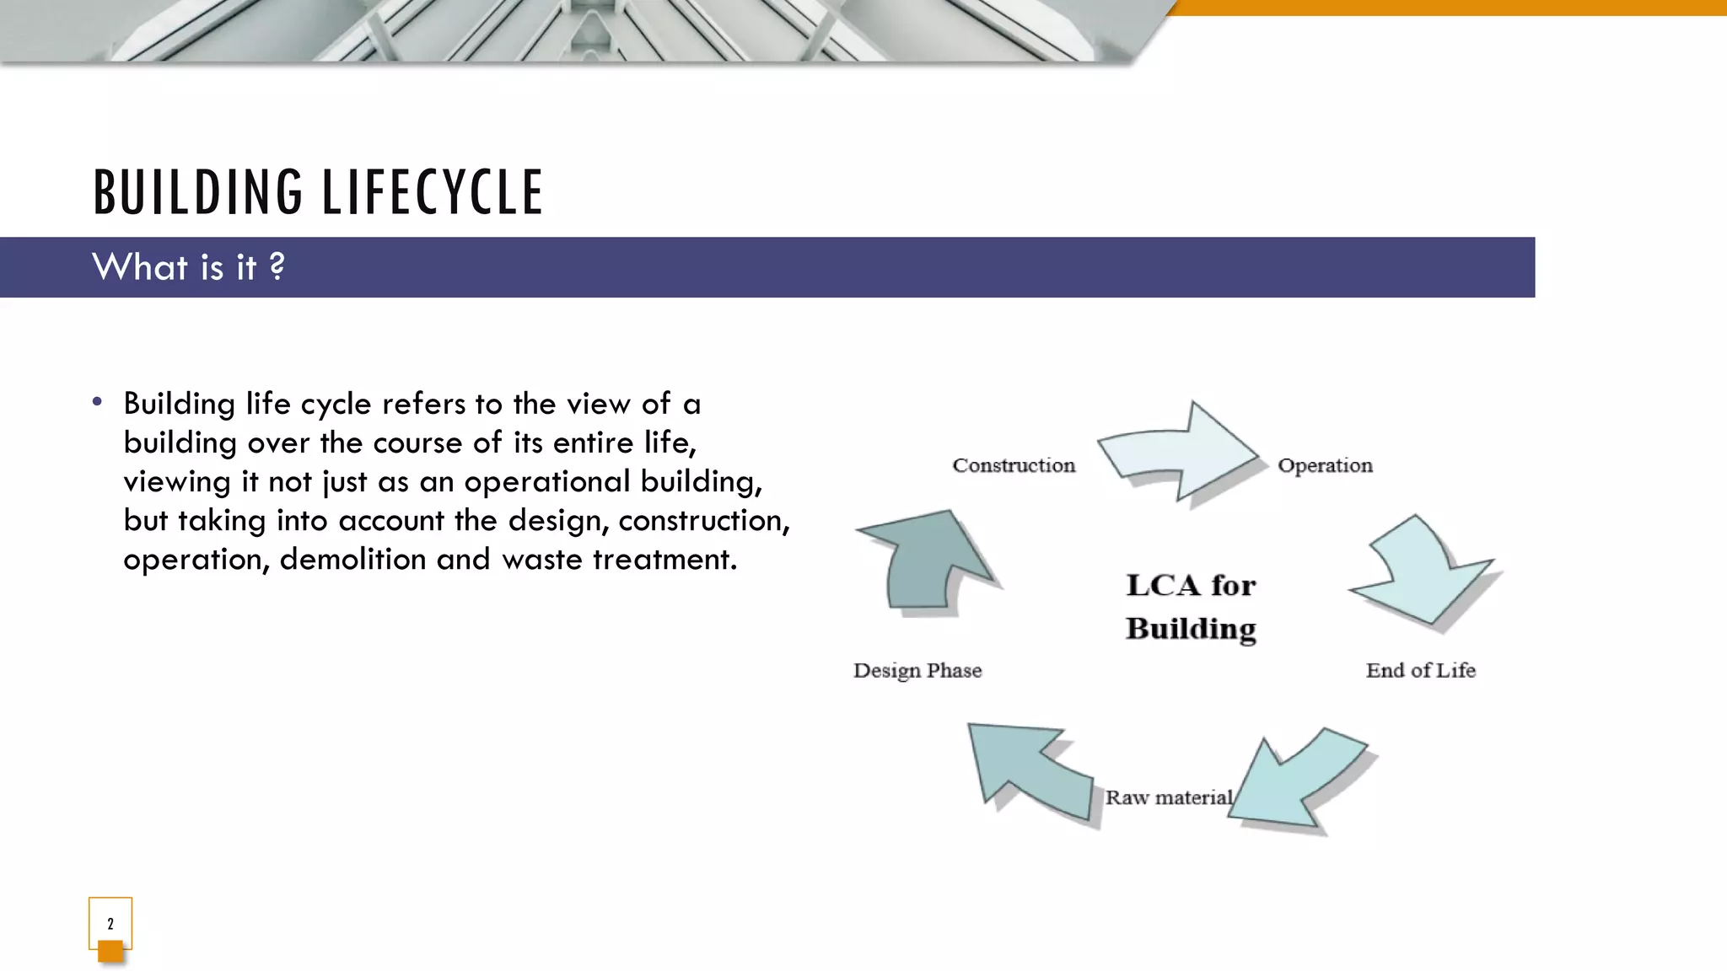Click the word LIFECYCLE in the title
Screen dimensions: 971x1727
(433, 192)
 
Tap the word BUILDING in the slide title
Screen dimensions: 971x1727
(198, 192)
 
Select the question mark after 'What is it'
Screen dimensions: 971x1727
(277, 267)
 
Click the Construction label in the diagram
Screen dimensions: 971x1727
(1014, 465)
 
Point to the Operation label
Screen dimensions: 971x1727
(1325, 465)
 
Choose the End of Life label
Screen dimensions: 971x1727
(1420, 670)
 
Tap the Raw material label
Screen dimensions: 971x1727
(1169, 797)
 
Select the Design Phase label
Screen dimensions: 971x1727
(917, 670)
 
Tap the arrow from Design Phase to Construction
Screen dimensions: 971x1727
(928, 561)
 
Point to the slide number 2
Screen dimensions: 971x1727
(110, 924)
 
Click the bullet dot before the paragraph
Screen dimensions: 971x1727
(98, 402)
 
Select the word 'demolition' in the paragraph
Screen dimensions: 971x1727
(352, 559)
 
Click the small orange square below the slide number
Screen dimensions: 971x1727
(110, 952)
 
